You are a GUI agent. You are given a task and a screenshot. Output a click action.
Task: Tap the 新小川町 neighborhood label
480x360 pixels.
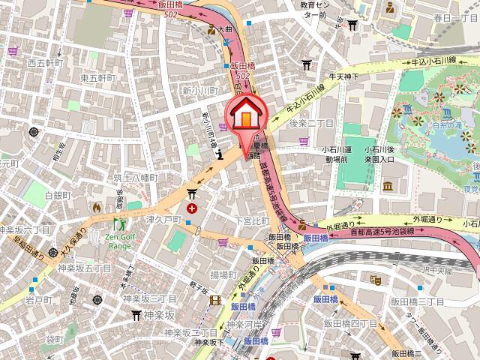pyautogui.click(x=199, y=89)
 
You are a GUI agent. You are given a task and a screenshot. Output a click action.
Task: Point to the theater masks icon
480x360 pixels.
pyautogui.click(x=376, y=280)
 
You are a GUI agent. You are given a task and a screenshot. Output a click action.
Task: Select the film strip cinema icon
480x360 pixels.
pyautogui.click(x=216, y=301)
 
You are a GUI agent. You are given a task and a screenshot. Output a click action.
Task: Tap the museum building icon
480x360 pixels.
pyautogui.click(x=388, y=186)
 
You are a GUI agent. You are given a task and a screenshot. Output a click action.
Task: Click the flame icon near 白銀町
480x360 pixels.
pyautogui.click(x=95, y=206)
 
